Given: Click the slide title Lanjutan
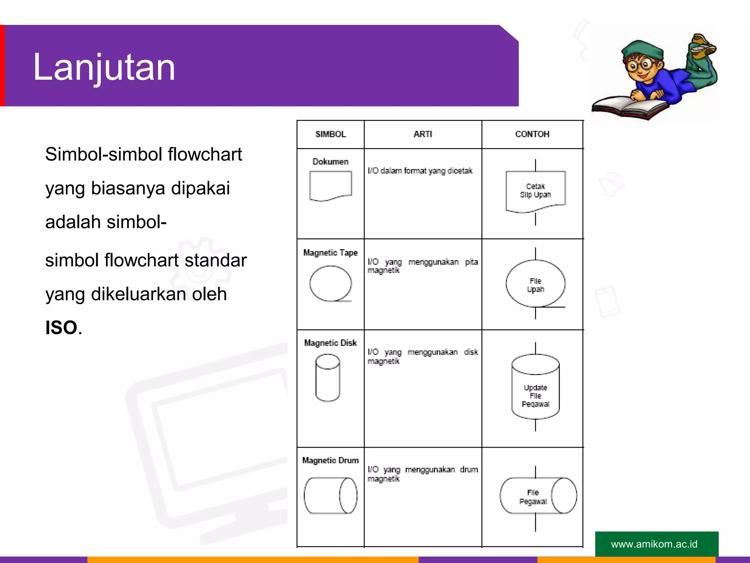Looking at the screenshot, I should (104, 67).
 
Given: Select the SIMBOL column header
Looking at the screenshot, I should (330, 134).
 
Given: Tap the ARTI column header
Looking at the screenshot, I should (423, 134).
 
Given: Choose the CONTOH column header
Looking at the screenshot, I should (532, 134).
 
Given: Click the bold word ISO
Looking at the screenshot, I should (61, 328).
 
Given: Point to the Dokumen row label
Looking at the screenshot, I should (330, 162).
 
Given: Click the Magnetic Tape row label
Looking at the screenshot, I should (330, 253).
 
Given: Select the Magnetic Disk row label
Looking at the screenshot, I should (330, 343).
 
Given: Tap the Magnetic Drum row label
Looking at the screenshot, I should (330, 460).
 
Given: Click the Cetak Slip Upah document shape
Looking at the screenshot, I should (535, 191).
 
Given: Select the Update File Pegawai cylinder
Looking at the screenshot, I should (535, 389).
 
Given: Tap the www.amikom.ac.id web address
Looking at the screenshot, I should (654, 544).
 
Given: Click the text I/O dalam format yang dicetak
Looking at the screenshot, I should (420, 171).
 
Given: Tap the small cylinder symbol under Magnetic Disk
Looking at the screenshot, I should (328, 378).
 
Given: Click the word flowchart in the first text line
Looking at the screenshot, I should (205, 154).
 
